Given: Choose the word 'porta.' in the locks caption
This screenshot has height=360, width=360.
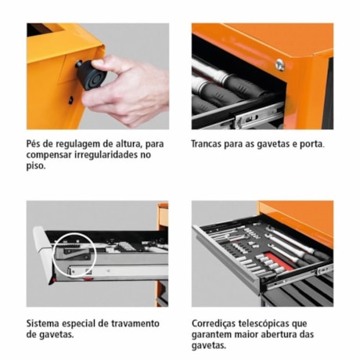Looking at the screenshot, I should pyautogui.click(x=310, y=144).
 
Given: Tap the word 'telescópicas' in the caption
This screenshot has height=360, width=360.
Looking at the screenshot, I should pyautogui.click(x=278, y=323).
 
